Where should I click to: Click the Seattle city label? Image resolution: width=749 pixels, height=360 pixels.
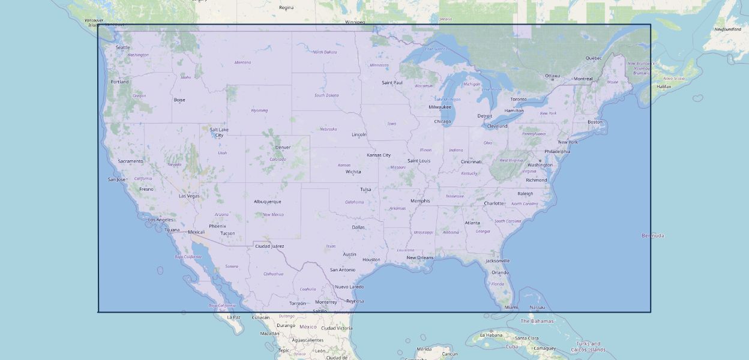coord(122,47)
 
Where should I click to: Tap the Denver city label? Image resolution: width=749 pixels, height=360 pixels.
coord(283,148)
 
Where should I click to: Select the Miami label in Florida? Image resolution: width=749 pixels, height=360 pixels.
coord(511,307)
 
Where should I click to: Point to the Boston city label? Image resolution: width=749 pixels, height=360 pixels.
coord(595,122)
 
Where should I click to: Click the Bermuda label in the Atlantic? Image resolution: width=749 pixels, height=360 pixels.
coord(653,236)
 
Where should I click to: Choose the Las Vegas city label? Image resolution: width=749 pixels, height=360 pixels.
coord(189,196)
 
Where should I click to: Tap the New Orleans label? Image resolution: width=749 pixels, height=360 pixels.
coord(420,258)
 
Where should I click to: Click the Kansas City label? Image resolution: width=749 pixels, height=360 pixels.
coord(379,155)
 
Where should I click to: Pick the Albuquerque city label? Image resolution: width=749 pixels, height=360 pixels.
coord(267,202)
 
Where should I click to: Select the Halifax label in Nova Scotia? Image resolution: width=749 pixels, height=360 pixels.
coord(664,86)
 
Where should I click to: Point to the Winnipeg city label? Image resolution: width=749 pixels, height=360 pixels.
coord(355,22)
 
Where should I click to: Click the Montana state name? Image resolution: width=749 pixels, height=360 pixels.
coord(242,62)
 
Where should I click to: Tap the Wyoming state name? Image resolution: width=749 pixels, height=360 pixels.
coord(259,110)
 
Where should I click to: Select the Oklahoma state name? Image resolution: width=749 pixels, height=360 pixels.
coord(354,202)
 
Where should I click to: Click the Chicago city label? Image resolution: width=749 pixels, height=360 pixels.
coord(442,122)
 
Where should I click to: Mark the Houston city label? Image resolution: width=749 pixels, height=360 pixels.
coord(371,260)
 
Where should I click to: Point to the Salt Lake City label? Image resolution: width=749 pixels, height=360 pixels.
coord(219,132)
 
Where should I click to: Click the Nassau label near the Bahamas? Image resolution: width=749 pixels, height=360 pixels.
coord(537,307)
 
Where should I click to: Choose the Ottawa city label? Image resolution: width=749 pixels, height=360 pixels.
coord(552,76)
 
